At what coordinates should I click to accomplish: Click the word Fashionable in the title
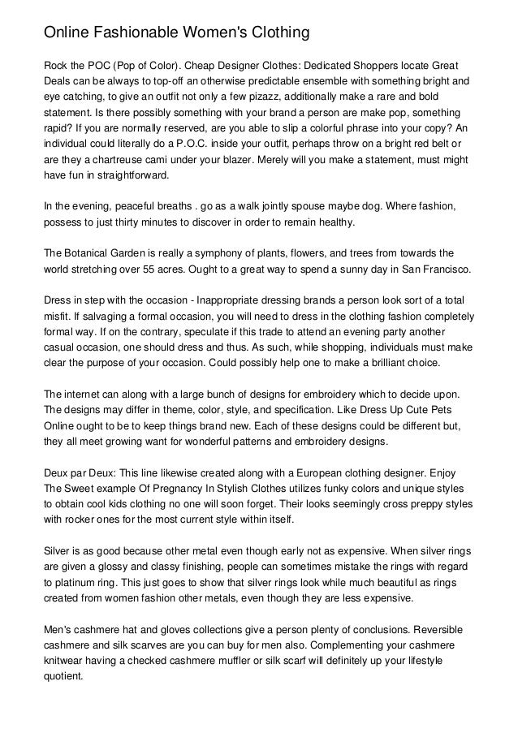coord(138,33)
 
